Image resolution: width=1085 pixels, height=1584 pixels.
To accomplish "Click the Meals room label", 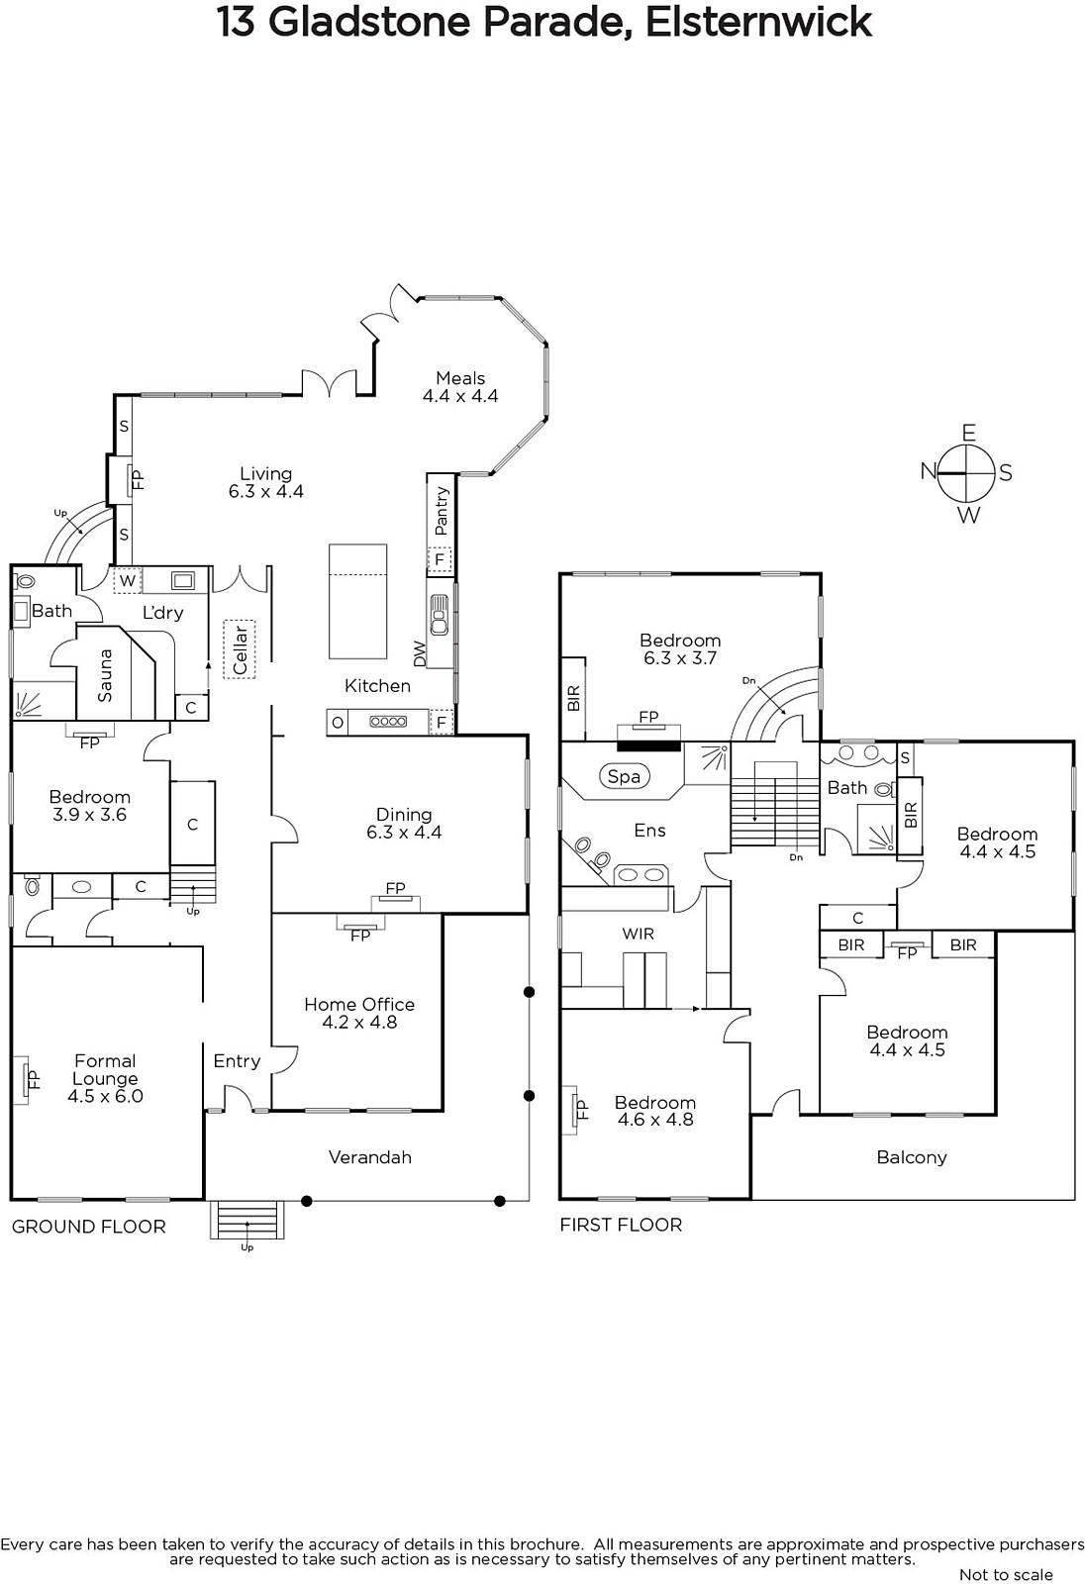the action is (459, 377).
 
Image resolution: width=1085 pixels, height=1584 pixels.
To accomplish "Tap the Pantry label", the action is (442, 511).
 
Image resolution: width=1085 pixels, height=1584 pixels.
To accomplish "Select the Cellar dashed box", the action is (239, 649).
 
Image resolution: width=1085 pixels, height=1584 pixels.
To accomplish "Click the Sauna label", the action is (105, 675).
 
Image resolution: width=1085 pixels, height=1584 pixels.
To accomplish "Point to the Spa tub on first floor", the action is (624, 776).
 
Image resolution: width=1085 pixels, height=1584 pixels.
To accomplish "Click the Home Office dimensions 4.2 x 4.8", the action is (359, 1022).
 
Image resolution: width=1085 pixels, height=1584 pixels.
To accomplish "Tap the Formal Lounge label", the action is (105, 1070).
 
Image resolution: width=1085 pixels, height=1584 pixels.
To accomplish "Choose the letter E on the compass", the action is (968, 433).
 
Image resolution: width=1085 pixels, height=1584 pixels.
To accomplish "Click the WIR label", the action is (638, 935).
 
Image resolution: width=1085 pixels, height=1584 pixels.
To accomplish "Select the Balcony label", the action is (911, 1157).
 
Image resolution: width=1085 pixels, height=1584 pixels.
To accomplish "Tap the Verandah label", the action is (370, 1157).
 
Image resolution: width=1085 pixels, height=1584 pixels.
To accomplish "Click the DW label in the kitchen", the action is (420, 653).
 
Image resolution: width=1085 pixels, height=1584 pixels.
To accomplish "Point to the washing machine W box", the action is (128, 580).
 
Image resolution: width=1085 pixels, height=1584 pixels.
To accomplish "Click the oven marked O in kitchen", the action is (338, 722).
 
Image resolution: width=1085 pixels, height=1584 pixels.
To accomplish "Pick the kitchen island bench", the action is (358, 601).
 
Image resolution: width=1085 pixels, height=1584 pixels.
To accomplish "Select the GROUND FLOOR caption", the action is (88, 1227).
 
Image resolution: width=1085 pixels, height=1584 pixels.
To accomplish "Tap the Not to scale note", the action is (1006, 1574).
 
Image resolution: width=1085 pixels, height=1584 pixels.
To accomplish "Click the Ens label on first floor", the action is (649, 831).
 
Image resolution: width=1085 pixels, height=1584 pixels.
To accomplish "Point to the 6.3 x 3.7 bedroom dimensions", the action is (680, 657).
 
